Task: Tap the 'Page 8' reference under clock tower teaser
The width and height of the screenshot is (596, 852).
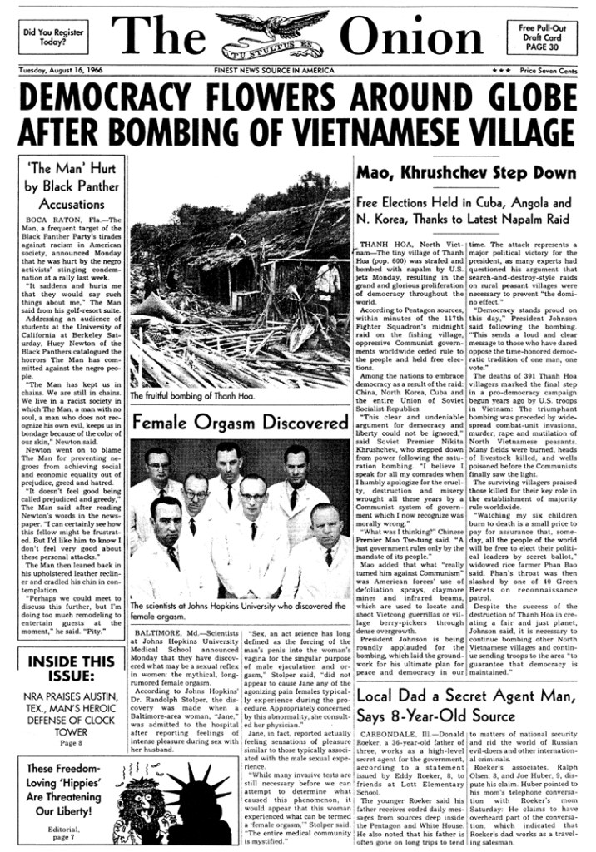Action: click(x=71, y=742)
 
